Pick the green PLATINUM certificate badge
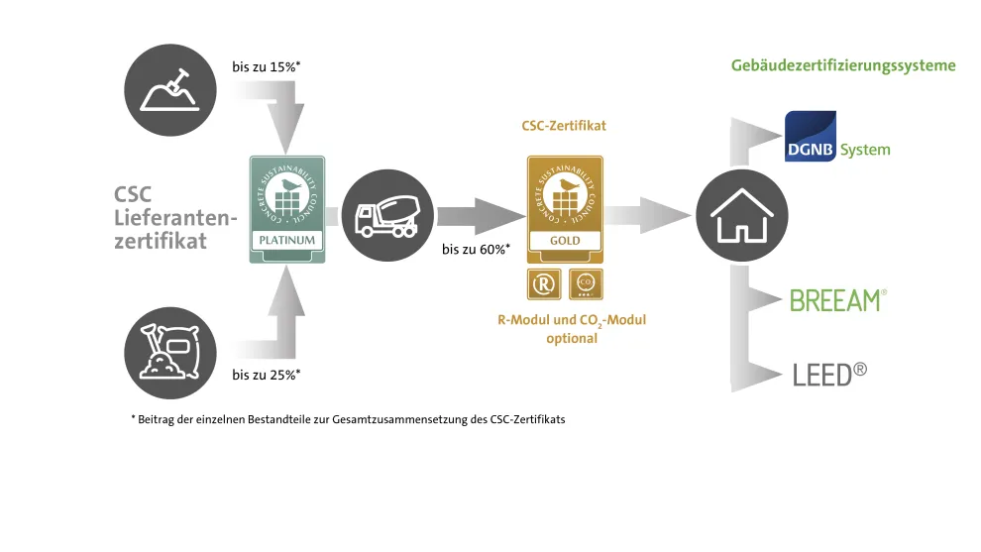pyautogui.click(x=286, y=206)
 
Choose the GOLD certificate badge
pyautogui.click(x=564, y=206)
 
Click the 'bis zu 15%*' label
pyautogui.click(x=266, y=67)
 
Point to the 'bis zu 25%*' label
pyautogui.click(x=266, y=375)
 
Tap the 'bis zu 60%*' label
pyautogui.click(x=476, y=249)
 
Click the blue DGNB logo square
pyautogui.click(x=811, y=137)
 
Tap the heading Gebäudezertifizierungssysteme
pyautogui.click(x=843, y=65)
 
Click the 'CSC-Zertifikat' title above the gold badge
pyautogui.click(x=564, y=127)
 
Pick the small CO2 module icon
pyautogui.click(x=584, y=285)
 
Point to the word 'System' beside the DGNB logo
pyautogui.click(x=865, y=151)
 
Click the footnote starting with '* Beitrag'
pyautogui.click(x=348, y=419)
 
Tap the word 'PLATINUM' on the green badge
pyautogui.click(x=286, y=240)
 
